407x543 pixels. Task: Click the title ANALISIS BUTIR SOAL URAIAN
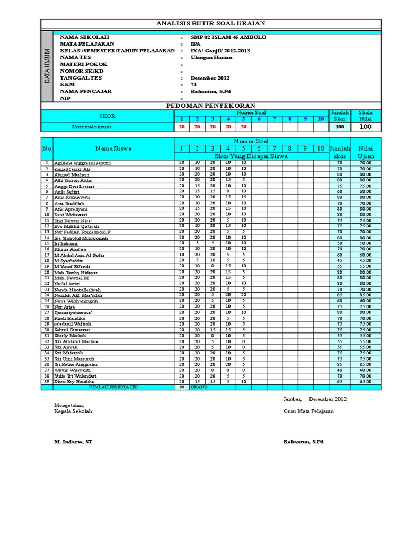click(211, 24)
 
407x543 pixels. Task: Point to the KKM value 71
click(193, 84)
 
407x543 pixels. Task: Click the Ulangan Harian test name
click(211, 57)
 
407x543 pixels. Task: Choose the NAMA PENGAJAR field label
click(86, 91)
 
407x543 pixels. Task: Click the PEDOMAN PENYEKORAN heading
click(211, 106)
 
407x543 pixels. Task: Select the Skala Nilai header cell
click(366, 116)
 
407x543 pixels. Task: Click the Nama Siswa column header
click(113, 148)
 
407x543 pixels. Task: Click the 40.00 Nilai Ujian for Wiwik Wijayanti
click(366, 370)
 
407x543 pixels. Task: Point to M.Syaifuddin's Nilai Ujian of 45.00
click(366, 260)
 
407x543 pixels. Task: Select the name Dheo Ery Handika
click(74, 381)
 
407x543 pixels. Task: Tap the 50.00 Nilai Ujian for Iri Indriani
click(366, 243)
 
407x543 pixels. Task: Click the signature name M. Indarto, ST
click(73, 441)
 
